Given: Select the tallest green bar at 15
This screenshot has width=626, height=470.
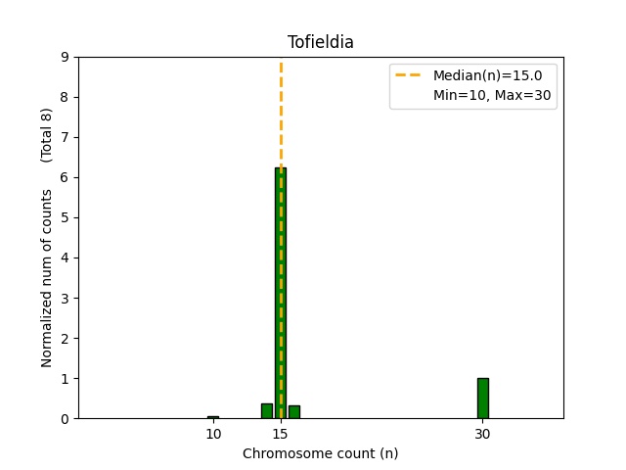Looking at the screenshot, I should point(281,294).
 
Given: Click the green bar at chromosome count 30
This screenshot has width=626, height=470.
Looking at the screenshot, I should point(482,398).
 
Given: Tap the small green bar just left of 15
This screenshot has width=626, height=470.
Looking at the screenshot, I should point(267,411).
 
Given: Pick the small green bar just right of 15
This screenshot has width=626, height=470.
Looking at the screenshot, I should point(294,412).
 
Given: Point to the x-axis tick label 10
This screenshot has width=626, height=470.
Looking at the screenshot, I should point(213,433).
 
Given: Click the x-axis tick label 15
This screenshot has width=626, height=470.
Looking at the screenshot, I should point(281,433).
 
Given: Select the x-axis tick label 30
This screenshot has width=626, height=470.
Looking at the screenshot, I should point(482,433).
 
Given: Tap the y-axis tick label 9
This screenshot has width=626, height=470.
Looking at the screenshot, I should point(65,57).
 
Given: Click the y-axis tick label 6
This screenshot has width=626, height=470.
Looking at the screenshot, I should point(65,177).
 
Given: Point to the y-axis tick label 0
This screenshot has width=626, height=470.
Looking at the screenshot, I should point(65,418).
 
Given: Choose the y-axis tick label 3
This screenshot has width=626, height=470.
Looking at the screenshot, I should point(65,298).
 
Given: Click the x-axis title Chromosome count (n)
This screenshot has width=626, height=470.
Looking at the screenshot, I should point(320,453).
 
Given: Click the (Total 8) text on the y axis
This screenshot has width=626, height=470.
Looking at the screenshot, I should point(47,135).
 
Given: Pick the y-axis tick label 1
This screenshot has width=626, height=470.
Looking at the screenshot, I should point(65,378).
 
